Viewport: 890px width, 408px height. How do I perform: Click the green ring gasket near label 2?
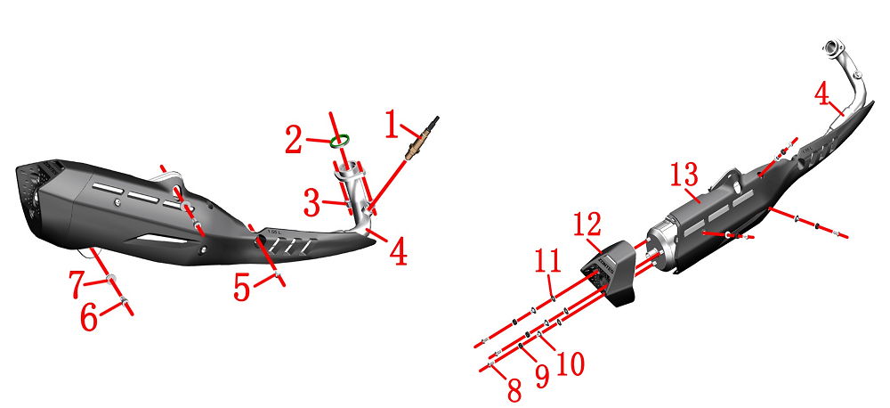(x=339, y=141)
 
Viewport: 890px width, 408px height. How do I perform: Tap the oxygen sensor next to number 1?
(x=421, y=139)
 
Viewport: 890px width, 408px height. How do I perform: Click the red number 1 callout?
(x=392, y=125)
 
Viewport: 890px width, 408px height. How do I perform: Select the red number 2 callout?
(x=294, y=141)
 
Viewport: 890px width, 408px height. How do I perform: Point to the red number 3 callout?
(x=312, y=203)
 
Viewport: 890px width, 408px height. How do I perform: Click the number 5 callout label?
(x=242, y=288)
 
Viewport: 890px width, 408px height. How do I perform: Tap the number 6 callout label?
(x=89, y=317)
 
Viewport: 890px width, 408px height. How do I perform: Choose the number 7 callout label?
(x=77, y=285)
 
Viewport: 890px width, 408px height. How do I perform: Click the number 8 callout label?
(x=514, y=390)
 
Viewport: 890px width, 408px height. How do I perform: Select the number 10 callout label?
(x=570, y=363)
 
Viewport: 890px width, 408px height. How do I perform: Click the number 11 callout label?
(x=548, y=261)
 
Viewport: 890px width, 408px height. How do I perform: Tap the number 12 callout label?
(x=587, y=224)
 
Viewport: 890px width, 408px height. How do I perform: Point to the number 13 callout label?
(x=684, y=175)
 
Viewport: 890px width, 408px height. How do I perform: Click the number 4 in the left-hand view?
(x=398, y=253)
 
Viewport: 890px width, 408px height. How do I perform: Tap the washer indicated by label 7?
(x=111, y=279)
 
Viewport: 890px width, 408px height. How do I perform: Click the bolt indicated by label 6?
(x=125, y=301)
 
